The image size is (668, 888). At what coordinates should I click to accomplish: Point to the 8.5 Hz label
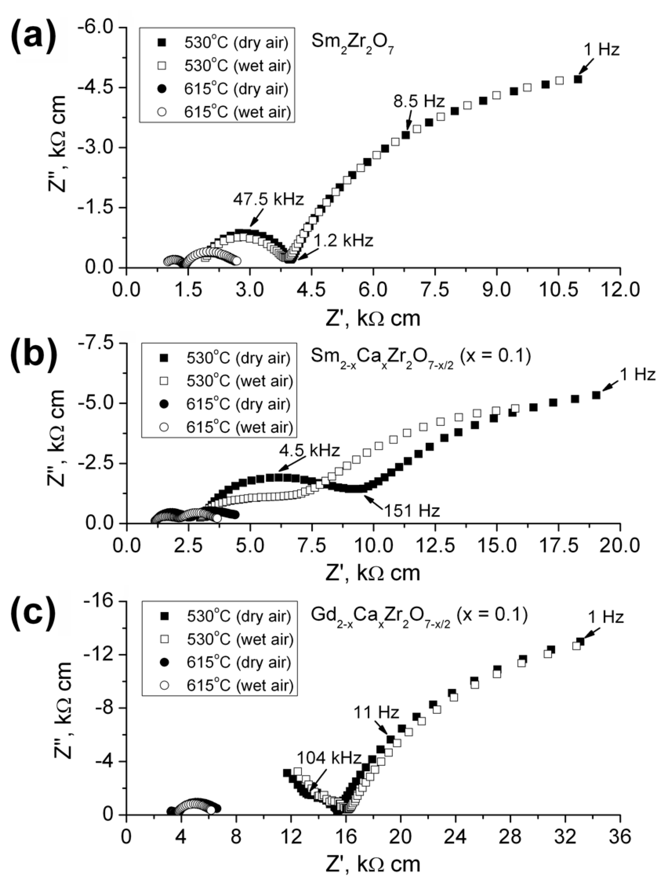(418, 101)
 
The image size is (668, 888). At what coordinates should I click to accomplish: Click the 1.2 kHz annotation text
(343, 241)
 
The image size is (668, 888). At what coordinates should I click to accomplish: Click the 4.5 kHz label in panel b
(309, 450)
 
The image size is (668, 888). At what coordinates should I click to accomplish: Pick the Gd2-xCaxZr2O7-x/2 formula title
(419, 616)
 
